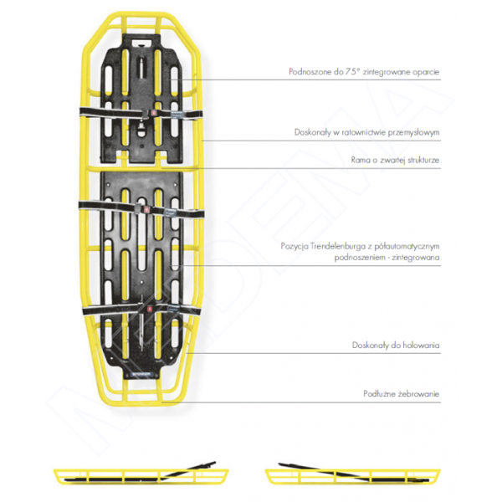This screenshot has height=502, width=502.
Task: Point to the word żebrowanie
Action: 419,394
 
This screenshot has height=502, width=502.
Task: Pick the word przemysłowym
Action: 413,132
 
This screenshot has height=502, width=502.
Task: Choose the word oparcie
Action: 426,72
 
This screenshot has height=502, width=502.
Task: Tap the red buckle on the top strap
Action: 153,113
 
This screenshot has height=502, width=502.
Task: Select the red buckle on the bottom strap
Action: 149,309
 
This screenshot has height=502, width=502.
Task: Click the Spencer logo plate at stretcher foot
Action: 141,374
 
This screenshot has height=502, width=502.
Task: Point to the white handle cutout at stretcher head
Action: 143,42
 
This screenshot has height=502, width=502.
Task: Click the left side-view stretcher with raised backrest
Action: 141,473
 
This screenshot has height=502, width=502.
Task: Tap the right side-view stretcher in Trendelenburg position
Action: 353,473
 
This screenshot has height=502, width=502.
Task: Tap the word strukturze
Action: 423,160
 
